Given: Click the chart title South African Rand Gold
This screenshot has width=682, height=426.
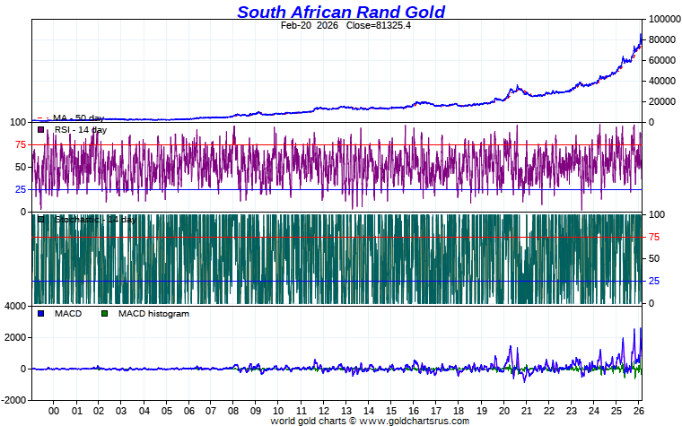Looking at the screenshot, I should (340, 12).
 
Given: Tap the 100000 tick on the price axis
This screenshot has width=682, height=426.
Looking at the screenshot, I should (664, 19).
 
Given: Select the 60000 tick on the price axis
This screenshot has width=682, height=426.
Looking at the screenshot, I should (661, 60).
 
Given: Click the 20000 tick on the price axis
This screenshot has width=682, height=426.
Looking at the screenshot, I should (661, 101).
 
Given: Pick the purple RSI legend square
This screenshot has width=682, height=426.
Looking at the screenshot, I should (41, 130).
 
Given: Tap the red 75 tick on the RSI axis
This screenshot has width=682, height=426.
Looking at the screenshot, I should (19, 144).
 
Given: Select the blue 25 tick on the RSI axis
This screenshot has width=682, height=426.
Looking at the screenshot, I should (19, 189).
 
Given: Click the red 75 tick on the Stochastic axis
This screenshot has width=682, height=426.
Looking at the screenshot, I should (654, 237).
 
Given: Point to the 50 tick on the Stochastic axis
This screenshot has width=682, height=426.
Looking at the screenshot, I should (654, 259).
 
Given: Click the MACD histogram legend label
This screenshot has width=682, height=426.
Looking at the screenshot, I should (153, 314).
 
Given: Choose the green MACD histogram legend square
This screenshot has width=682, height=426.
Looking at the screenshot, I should (104, 314).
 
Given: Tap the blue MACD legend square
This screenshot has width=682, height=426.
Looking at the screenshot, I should (41, 314).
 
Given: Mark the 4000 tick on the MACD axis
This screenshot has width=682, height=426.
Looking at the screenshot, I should (15, 307).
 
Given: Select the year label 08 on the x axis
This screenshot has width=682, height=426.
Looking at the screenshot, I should (233, 411).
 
